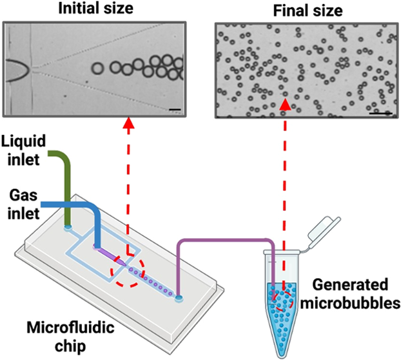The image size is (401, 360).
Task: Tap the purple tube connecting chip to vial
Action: point(226,241)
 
